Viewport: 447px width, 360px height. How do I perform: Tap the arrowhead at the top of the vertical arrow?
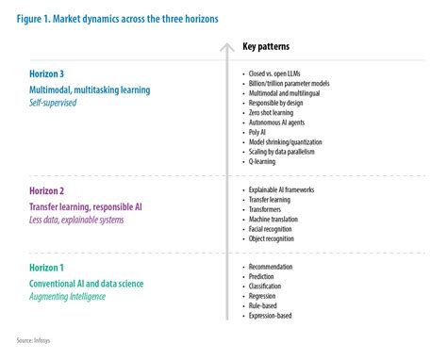[x=225, y=44]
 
